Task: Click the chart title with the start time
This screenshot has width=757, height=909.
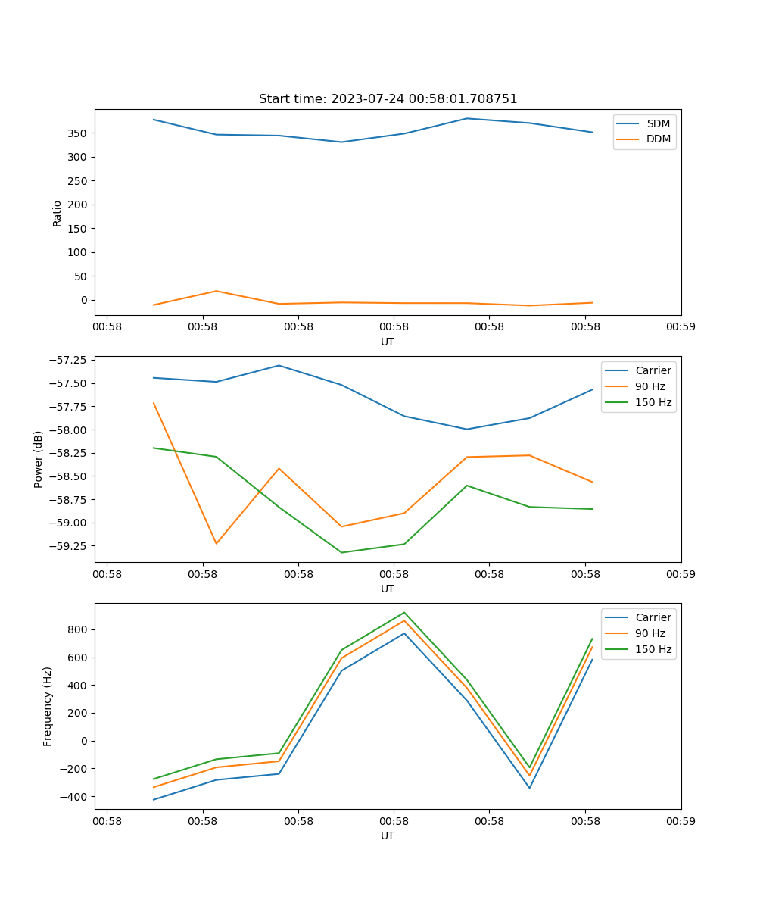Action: pos(388,99)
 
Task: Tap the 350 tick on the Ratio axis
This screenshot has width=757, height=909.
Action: pos(79,133)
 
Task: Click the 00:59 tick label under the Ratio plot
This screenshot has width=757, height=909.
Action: pos(681,327)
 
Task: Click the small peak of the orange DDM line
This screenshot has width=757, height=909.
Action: pos(217,291)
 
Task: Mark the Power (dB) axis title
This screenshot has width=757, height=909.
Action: pos(39,459)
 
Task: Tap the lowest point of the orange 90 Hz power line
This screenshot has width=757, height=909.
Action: pos(217,544)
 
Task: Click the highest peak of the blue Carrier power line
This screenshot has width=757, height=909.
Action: pos(279,365)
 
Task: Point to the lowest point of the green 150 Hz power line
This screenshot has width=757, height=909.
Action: pos(341,552)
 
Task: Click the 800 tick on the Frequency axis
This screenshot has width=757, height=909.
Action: pos(79,629)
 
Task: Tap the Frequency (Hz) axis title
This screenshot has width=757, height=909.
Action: pos(48,706)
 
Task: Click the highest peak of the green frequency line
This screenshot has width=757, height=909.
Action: pos(404,612)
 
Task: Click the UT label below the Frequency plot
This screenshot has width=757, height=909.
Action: pos(388,836)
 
